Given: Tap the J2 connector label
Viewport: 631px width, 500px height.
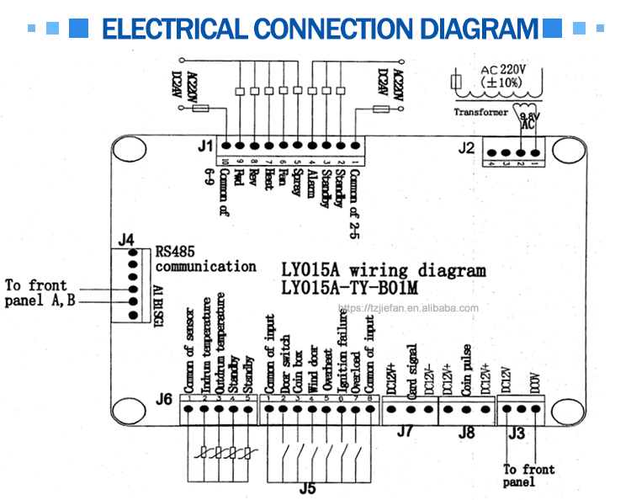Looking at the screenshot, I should pyautogui.click(x=467, y=148).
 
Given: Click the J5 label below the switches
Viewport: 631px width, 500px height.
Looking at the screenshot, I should pyautogui.click(x=307, y=486).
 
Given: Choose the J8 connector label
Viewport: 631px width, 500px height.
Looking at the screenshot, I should pyautogui.click(x=466, y=432).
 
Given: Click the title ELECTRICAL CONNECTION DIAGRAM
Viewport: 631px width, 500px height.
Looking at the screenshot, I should pyautogui.click(x=319, y=29).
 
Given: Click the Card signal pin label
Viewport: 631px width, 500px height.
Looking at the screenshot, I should pyautogui.click(x=410, y=368).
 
